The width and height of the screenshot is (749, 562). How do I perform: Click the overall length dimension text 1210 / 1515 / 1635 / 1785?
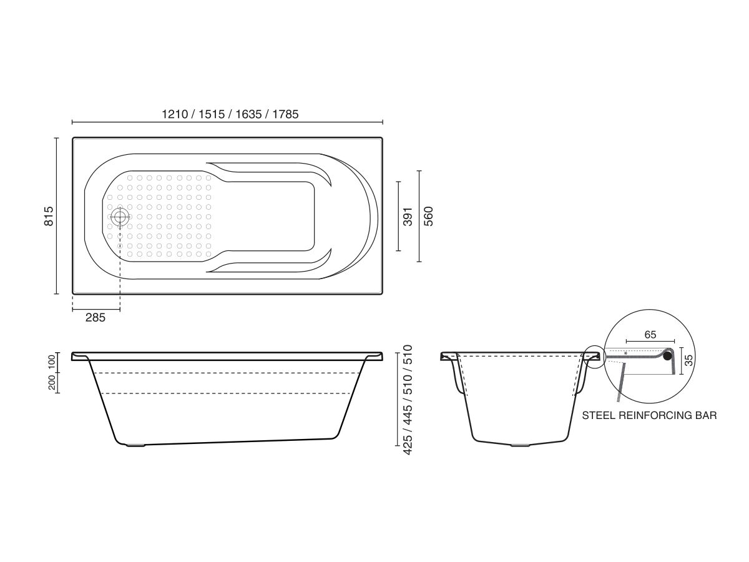(x=230, y=114)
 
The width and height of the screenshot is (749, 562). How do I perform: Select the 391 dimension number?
(x=408, y=216)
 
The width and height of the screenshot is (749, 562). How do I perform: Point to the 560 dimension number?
(x=428, y=216)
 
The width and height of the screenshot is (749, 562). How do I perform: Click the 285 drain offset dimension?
(x=95, y=317)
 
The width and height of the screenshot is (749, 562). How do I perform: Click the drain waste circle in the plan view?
(x=120, y=217)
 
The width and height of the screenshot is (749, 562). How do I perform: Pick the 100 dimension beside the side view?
(x=52, y=362)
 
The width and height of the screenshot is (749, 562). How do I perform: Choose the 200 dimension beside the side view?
(x=52, y=382)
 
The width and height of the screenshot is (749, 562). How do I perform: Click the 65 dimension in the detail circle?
(x=650, y=335)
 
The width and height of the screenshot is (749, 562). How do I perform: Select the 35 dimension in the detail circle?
(x=689, y=360)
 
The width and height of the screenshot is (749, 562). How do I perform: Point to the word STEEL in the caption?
(x=600, y=415)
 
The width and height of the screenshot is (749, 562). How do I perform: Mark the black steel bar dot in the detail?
(x=669, y=356)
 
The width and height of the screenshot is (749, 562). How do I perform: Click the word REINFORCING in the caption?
(x=656, y=415)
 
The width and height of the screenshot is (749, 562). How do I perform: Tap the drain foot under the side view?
(x=136, y=445)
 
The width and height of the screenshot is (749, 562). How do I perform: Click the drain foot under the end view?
(x=519, y=445)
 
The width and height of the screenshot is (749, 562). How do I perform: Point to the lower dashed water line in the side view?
(x=225, y=393)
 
